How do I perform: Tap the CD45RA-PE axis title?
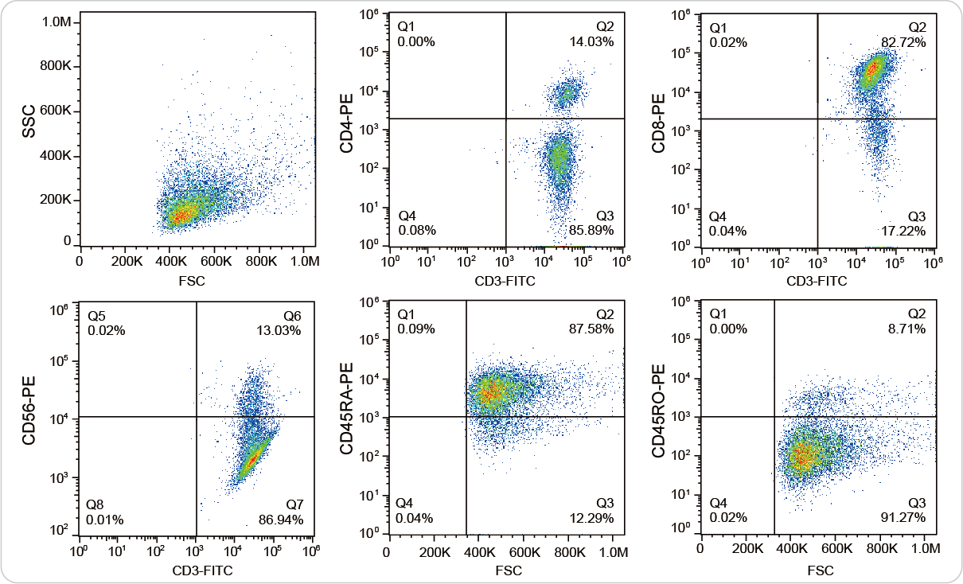tap(348, 418)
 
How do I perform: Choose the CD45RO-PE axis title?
tap(659, 417)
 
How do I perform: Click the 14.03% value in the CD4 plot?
tap(591, 42)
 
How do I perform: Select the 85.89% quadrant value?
tap(591, 231)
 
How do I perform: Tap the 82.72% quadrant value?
tap(903, 42)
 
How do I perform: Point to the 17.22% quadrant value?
tap(903, 231)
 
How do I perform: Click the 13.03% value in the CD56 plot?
tap(279, 330)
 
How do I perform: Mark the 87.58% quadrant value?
tap(591, 329)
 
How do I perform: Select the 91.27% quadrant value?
tap(903, 518)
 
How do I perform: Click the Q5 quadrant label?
tap(96, 317)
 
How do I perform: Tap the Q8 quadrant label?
tap(96, 505)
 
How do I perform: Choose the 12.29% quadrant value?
tap(591, 518)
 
